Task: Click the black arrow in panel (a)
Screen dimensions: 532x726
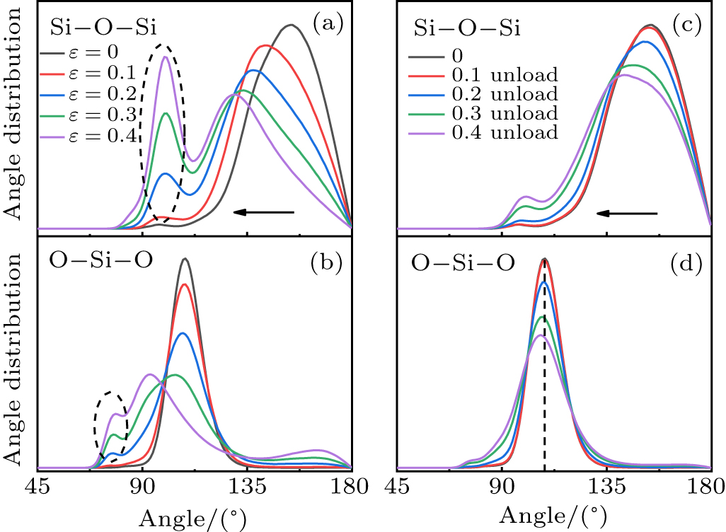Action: (x=263, y=212)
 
